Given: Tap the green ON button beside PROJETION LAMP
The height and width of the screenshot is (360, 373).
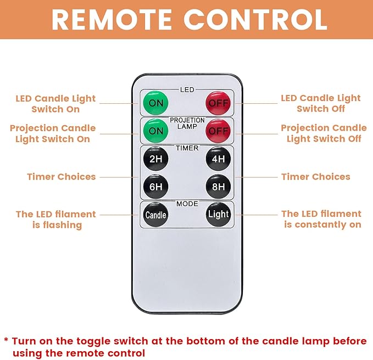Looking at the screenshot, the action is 156,131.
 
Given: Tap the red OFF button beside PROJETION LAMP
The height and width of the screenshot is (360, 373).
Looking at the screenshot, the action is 218,131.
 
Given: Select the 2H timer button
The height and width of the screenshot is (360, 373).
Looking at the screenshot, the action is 156,159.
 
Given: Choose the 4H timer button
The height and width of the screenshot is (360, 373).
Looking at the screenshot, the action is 218,159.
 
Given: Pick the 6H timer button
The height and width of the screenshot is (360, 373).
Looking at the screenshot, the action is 156,187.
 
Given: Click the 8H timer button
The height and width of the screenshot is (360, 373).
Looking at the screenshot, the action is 218,187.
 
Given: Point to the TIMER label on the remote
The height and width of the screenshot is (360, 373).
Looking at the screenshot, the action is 187,148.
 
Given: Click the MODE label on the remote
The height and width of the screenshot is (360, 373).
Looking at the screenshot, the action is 187,204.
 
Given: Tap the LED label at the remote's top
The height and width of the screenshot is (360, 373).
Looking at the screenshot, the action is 187,89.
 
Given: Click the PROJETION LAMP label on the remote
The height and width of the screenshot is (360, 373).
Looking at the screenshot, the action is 187,123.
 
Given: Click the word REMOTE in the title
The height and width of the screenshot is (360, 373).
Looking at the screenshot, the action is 112,20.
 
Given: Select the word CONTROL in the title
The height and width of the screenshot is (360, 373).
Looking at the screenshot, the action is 255,20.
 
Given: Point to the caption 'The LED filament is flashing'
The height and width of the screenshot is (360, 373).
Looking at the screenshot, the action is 56,220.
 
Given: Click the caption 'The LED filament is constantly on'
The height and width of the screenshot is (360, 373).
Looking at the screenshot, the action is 321,219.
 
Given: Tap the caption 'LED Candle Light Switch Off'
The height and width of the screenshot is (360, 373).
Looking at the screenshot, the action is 321,103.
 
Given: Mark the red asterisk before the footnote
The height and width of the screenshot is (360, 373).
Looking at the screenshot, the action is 6,340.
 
